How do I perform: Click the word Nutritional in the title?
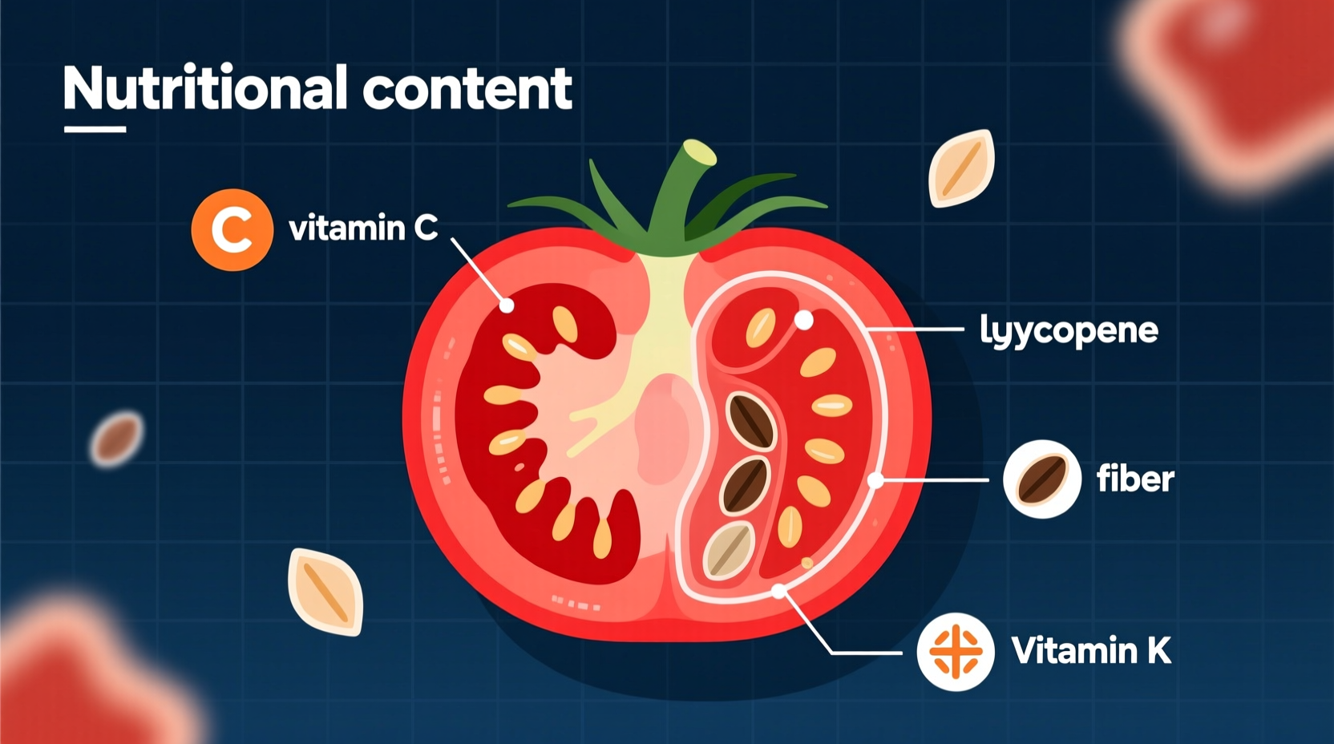point(205,88)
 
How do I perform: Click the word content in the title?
point(467,88)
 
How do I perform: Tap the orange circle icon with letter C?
point(232,230)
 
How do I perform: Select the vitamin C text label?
point(363,228)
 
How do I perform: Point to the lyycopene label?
point(1069,330)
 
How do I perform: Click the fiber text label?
point(1134,479)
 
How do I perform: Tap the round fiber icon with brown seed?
point(1041,479)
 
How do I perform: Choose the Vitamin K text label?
point(1090,650)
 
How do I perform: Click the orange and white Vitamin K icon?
point(955,652)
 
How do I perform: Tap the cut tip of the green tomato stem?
point(699,152)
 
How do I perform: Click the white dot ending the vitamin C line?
point(507,305)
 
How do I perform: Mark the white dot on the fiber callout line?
point(876,480)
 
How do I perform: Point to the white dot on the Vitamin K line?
point(778,592)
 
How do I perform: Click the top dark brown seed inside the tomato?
point(750,420)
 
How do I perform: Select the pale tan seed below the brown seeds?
point(728,550)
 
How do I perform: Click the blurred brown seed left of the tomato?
point(117,439)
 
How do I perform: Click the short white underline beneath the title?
point(95,129)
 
